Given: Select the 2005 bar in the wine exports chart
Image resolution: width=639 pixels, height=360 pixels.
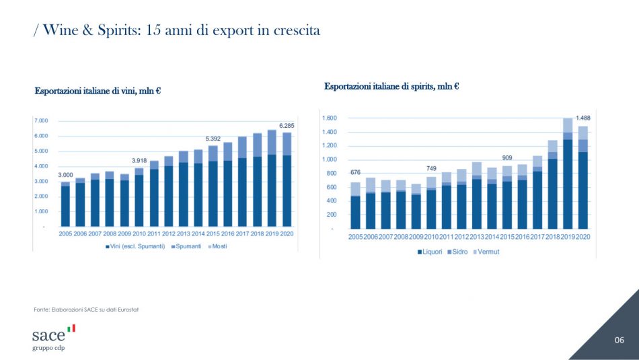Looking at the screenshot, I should tap(65, 204).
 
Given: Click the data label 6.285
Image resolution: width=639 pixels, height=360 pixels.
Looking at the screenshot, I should tap(286, 126).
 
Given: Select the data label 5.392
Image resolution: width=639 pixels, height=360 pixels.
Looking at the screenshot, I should tap(213, 139).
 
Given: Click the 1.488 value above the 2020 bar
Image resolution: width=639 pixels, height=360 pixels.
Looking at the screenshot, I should tap(581, 118).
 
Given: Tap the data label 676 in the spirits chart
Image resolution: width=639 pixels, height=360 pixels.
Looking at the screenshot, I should tap(355, 173).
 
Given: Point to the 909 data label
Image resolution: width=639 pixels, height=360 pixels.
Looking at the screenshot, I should tap(506, 157).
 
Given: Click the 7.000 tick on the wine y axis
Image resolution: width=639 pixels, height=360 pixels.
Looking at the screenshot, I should tap(40, 121).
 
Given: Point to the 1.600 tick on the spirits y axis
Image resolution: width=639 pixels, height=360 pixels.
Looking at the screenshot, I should tap(328, 118).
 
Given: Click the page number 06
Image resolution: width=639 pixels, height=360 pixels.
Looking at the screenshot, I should tap(619, 340).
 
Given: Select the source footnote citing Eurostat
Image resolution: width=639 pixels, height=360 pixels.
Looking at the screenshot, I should tap(86, 310).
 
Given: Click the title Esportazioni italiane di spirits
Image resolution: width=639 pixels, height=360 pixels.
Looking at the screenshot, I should tap(391, 86).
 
